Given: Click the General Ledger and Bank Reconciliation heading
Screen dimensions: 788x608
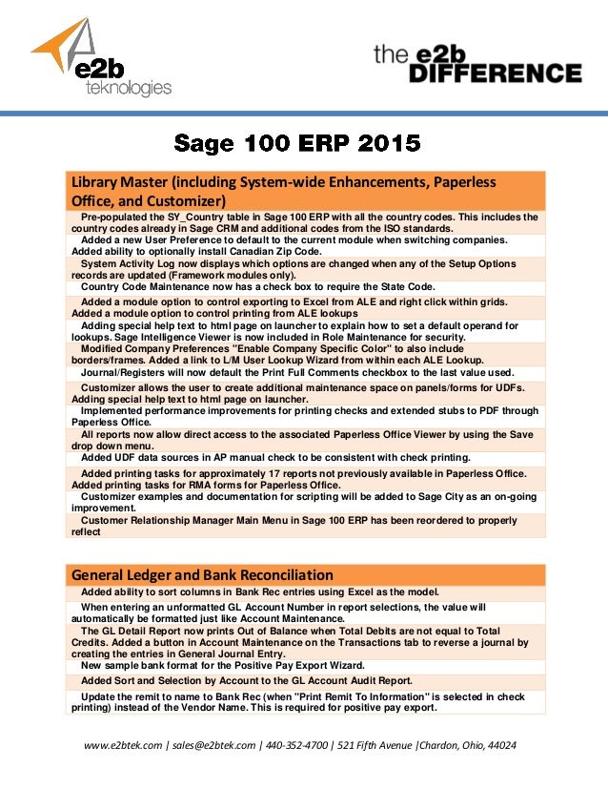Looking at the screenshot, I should (203, 574).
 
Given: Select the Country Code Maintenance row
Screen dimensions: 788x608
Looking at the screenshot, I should (258, 286).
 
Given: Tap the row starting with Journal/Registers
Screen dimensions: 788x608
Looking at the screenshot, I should (297, 372).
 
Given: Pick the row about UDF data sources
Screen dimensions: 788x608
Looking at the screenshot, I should (275, 458).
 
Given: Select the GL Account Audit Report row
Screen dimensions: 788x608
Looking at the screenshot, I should (247, 680).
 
